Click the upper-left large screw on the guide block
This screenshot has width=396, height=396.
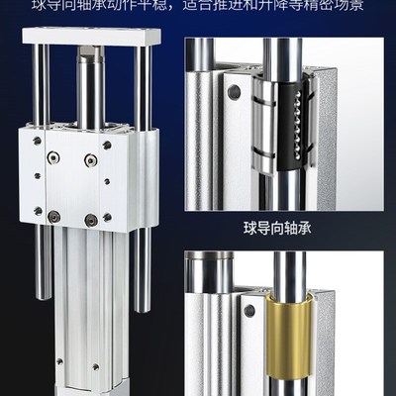pos(56,158)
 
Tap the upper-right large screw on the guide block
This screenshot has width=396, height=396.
pos(90,158)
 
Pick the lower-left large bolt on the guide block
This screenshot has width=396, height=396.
pos(54,216)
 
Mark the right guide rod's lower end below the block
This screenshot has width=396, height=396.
pos(142,272)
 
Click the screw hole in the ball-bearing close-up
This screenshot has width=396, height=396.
pos(235,94)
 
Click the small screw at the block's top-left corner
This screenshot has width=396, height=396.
pos(37,143)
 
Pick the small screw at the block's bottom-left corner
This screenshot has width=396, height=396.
pos(37,210)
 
